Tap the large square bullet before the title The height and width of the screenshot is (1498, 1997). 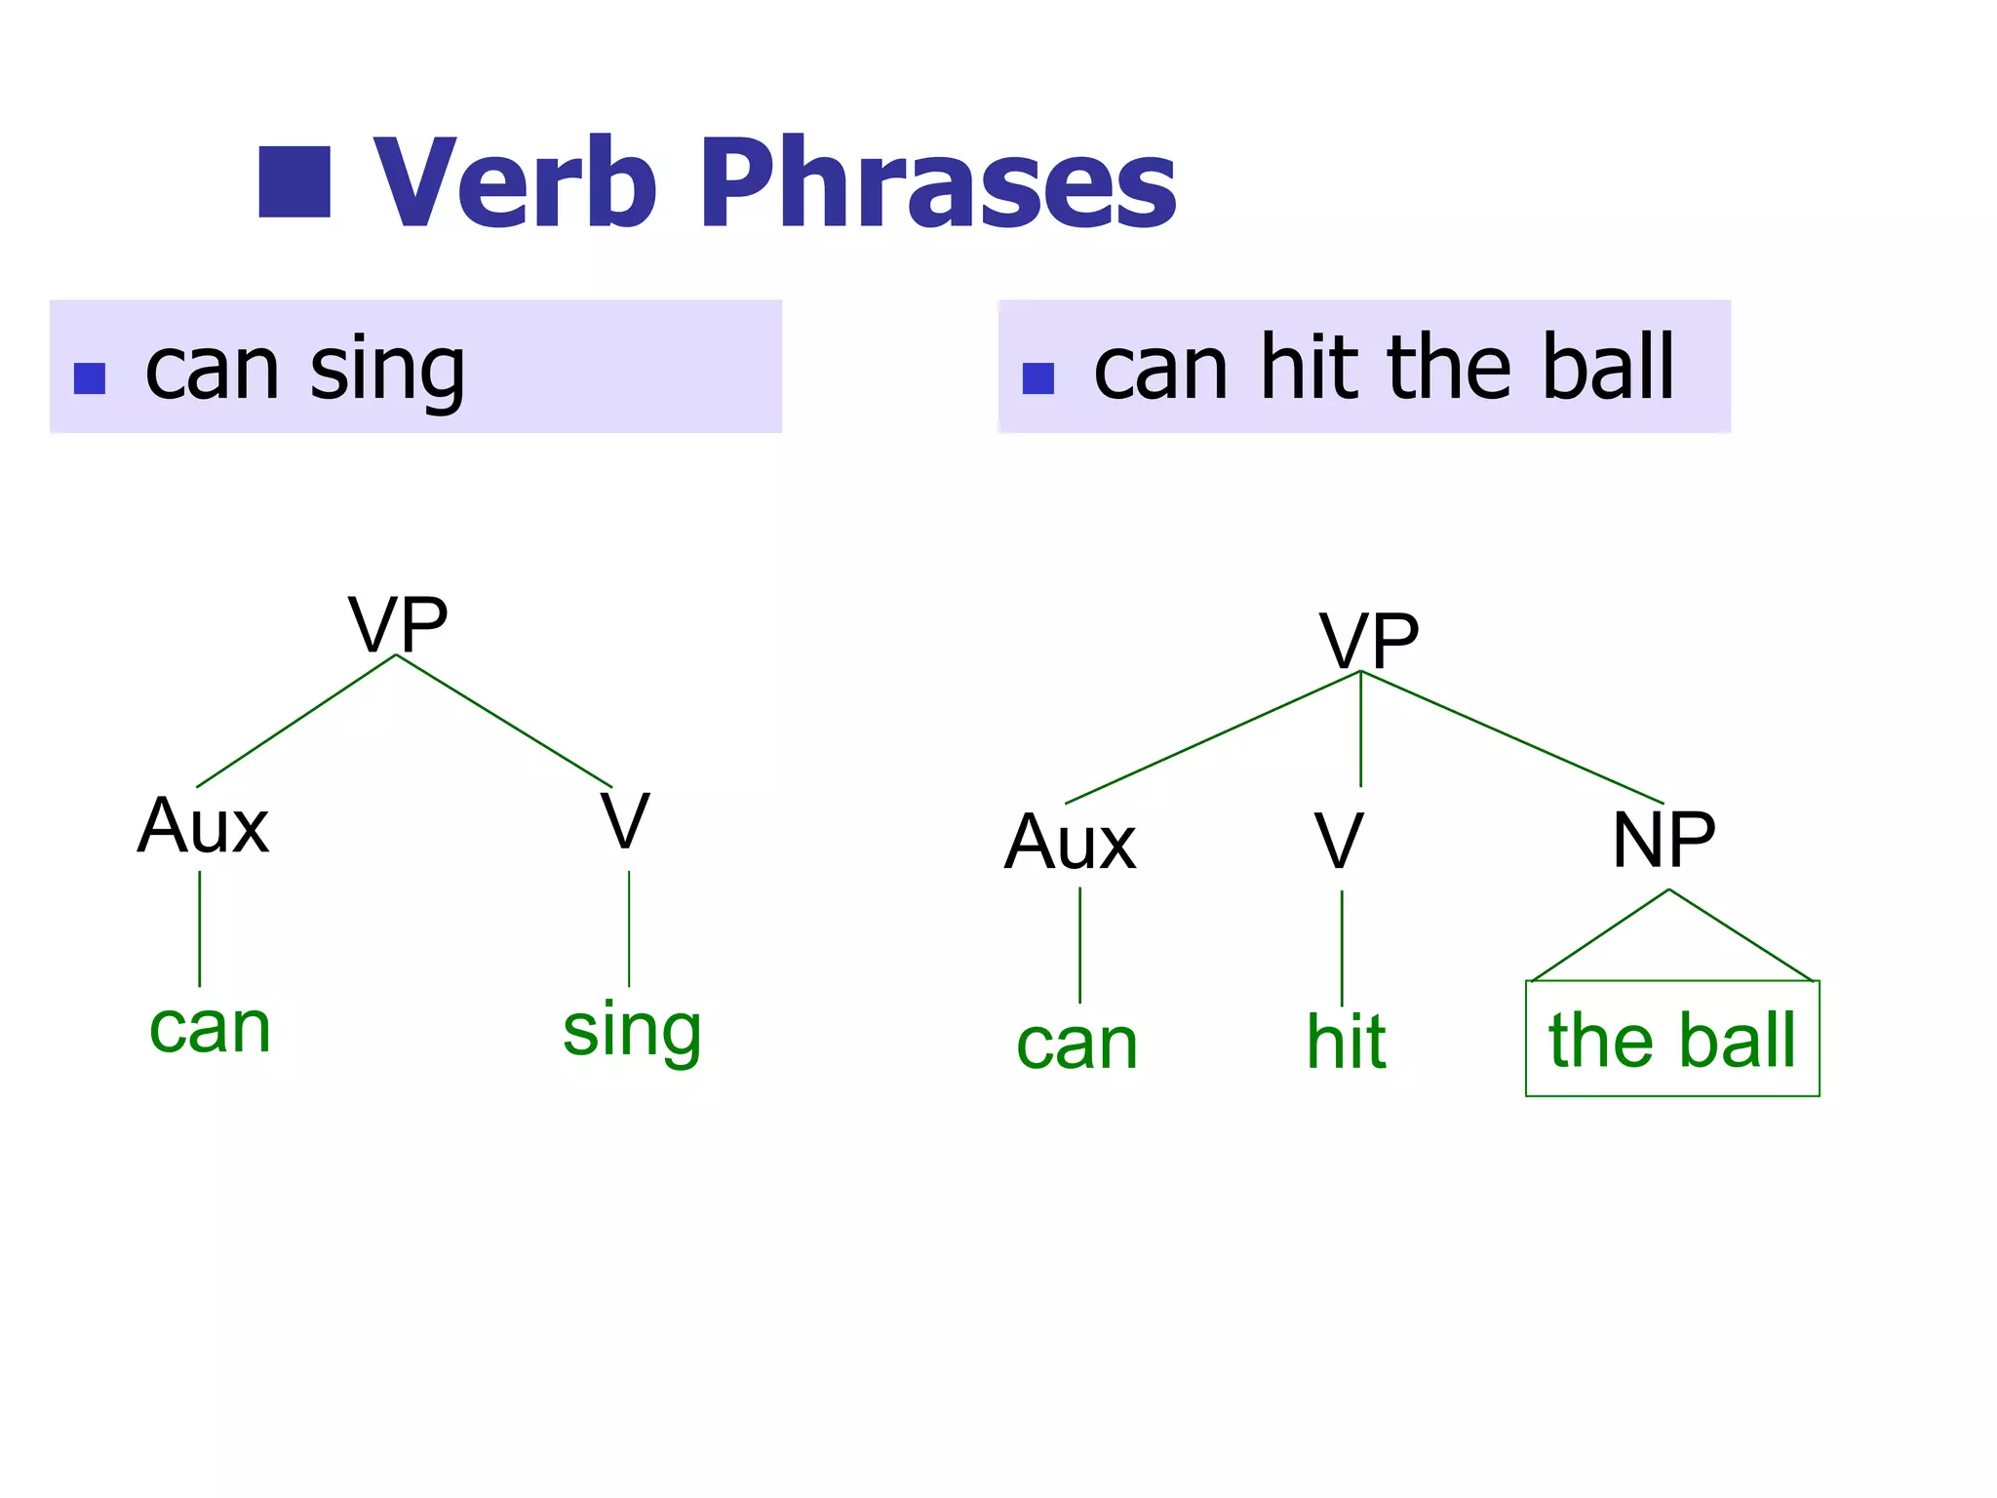point(294,182)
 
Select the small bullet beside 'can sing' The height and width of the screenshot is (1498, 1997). point(90,378)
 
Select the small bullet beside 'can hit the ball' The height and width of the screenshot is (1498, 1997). point(1038,378)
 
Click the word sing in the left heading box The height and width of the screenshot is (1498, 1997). point(387,371)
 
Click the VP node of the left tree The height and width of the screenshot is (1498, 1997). point(398,624)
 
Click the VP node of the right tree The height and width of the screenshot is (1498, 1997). point(1369,641)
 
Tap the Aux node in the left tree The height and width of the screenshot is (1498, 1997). point(203,826)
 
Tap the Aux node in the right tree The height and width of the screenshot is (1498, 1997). point(1071,843)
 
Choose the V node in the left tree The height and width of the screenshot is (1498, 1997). point(625,821)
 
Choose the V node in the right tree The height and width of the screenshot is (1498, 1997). point(1339,841)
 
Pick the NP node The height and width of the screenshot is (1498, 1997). point(1664,840)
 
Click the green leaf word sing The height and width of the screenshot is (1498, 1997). point(632,1032)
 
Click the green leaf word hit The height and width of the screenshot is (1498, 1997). point(1346,1042)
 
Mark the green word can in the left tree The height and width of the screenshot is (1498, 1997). point(210,1028)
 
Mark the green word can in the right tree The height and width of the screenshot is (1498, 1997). point(1077,1045)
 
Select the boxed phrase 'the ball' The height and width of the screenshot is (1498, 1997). point(1672,1040)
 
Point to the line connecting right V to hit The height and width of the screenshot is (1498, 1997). point(1342,946)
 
